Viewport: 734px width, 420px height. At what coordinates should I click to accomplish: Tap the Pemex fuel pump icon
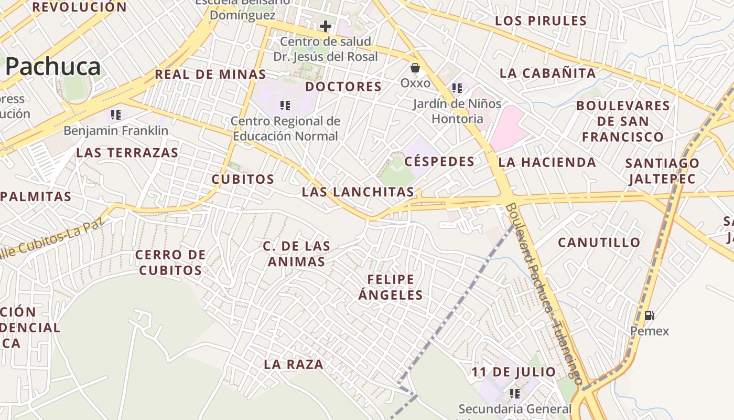coord(649,316)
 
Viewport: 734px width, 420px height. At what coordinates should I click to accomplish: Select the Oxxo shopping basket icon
coord(415,68)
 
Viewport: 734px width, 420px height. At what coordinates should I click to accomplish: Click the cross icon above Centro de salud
coord(326,26)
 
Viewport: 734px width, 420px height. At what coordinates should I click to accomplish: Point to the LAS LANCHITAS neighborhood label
coord(358,192)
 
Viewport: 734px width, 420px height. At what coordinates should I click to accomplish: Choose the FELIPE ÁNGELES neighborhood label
coord(391,287)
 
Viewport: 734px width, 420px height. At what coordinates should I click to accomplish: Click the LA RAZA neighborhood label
coord(294,364)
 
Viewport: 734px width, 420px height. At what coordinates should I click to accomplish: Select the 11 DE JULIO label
coord(513,372)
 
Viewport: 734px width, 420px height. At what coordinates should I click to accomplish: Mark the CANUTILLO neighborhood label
coord(599,243)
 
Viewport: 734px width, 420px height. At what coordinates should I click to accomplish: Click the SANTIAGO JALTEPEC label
coord(662,171)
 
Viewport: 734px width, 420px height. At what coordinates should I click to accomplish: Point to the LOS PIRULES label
coord(541,21)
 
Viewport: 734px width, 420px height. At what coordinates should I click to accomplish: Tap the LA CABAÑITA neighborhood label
coord(548,73)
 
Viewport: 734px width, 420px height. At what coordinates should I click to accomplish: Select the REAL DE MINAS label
coord(210,75)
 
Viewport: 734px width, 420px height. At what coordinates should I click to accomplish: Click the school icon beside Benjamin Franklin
coord(116,114)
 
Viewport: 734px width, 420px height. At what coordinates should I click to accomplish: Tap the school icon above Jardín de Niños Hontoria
coord(457,88)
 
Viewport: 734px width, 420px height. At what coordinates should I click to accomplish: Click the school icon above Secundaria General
coord(515,393)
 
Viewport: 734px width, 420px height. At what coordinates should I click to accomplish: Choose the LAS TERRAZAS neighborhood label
coord(127,153)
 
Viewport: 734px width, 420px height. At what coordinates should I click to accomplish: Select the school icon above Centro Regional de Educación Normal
coord(285,106)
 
